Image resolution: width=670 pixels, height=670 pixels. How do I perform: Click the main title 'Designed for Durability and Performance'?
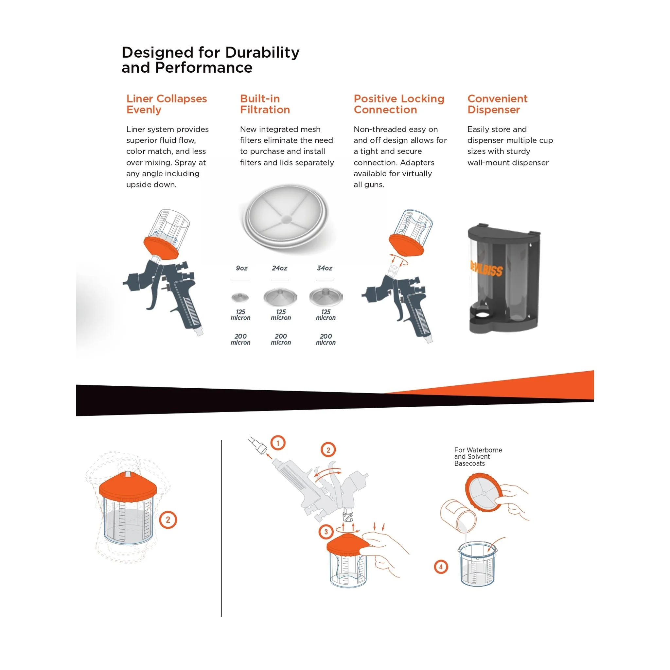tap(210, 60)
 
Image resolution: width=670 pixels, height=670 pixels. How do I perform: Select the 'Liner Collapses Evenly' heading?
tap(167, 104)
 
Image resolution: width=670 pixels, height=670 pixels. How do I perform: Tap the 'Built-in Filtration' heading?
tap(265, 104)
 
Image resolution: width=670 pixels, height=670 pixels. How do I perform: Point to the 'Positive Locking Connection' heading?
tap(399, 104)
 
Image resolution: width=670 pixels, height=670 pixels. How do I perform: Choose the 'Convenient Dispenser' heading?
tap(497, 104)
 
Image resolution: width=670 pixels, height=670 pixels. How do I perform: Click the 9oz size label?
tap(242, 268)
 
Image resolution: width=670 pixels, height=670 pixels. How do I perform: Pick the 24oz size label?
tap(279, 268)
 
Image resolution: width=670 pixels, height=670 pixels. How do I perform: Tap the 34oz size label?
tap(325, 268)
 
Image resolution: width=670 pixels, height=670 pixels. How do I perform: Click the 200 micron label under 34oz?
tap(326, 340)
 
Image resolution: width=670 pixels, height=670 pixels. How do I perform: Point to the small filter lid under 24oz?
tap(280, 297)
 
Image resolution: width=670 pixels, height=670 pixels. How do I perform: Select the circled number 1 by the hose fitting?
tap(278, 443)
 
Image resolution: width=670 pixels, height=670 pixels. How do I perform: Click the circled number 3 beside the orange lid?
tap(326, 532)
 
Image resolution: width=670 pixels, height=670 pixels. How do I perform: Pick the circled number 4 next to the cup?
tap(441, 567)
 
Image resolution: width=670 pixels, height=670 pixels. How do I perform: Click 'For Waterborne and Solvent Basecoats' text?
tap(478, 457)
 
